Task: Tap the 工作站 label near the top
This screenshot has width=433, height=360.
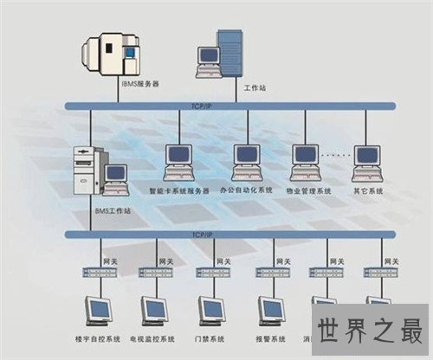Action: coord(255,88)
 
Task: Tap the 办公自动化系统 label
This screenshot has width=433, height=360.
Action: coord(247,190)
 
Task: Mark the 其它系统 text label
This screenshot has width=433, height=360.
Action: coord(367,190)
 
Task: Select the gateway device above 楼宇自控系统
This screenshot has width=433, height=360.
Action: coord(97,272)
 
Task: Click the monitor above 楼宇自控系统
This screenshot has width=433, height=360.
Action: coord(97,310)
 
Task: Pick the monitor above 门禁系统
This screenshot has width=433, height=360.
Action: coord(211,310)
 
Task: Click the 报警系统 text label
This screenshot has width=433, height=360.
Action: coord(270,338)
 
